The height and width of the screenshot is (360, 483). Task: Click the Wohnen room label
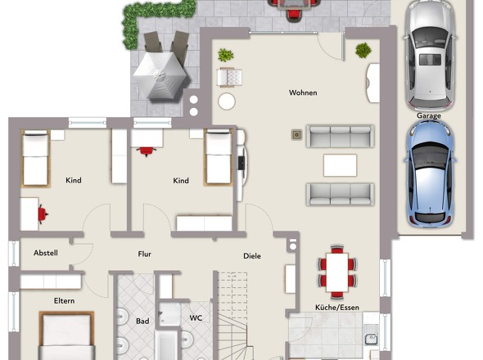pos(303,92)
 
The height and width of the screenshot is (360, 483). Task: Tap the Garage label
pos(428,116)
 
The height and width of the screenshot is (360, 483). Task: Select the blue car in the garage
pos(431,173)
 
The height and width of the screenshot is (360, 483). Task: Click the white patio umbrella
pos(160,75)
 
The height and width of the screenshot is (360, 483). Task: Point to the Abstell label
pos(46,253)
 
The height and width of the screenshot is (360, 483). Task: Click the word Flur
pos(144,254)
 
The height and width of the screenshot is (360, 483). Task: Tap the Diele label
pos(252,256)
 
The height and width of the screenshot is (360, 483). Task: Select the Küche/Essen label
pos(337,308)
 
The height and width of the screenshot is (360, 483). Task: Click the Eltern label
pos(64,301)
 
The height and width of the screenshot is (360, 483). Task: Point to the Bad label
pos(142,322)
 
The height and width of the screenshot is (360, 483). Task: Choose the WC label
pos(196,317)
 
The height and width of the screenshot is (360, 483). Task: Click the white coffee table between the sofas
pos(340,165)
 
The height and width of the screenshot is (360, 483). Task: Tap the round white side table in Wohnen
pos(227,101)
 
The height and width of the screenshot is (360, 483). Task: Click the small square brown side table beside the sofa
pos(296,134)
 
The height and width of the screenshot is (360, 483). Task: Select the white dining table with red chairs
pos(337,272)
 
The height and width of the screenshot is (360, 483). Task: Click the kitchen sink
pos(372,339)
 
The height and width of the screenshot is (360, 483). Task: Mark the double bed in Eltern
pos(66,335)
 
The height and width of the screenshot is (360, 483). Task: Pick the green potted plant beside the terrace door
pos(363,50)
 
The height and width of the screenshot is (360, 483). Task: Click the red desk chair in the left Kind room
pos(43,214)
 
